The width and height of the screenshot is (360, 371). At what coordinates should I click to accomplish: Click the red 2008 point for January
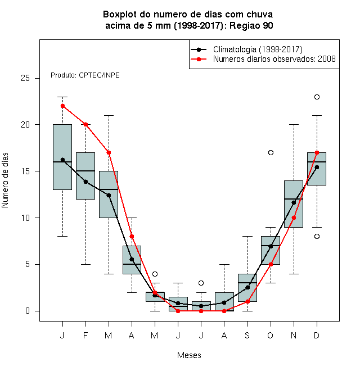point(63,106)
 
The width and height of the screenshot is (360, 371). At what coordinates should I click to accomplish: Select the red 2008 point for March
point(109,152)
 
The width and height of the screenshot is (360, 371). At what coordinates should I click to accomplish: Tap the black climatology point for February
point(85,182)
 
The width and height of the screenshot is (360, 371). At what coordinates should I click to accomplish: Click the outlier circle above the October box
point(271,152)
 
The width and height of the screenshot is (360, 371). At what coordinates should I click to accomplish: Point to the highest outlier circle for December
point(317,97)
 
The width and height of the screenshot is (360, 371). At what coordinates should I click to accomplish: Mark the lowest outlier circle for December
point(317,236)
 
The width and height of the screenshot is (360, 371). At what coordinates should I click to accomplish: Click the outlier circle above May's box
point(155,274)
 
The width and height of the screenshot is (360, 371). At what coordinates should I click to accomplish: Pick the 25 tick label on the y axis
point(25,78)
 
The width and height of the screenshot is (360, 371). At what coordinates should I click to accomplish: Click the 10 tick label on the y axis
point(25,218)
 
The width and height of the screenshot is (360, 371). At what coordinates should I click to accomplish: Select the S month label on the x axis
point(247,335)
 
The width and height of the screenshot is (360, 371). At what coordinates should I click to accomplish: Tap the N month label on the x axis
point(294,335)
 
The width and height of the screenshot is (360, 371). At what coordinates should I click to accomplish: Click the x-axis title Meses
point(189,355)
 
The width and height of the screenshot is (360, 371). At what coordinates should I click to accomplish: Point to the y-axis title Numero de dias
point(5,180)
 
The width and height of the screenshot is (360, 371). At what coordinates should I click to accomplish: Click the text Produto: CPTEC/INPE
point(85,75)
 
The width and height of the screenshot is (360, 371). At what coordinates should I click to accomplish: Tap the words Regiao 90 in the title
point(251,25)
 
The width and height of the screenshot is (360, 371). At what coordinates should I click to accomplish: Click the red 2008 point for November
point(294,218)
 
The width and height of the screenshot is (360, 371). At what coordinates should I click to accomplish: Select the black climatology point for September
point(247,287)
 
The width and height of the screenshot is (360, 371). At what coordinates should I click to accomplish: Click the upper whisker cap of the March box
point(109,115)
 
